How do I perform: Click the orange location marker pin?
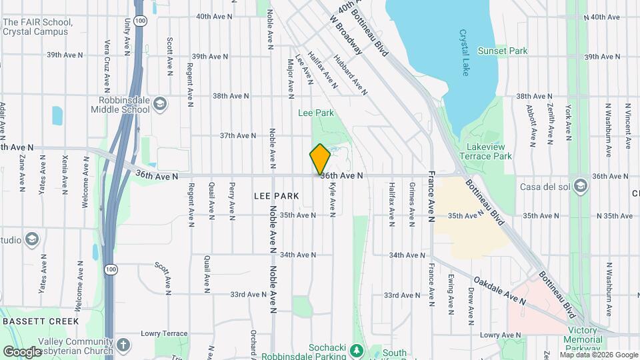click(320, 159)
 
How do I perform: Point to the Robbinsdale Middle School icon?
click(160, 103)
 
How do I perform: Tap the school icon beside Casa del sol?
click(580, 185)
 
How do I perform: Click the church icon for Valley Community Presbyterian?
click(123, 345)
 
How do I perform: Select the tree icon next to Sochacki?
click(356, 350)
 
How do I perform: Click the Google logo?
click(22, 351)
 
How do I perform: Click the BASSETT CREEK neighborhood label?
click(31, 321)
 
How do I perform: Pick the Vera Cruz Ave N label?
click(107, 65)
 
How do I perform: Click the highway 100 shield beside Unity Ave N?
click(139, 21)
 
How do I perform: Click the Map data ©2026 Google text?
click(599, 355)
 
